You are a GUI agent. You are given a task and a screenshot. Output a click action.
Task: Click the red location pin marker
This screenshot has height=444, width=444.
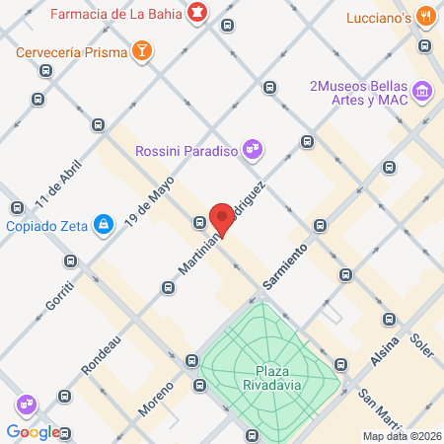222,218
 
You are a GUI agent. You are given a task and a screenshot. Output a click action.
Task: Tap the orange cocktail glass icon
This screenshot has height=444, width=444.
143,50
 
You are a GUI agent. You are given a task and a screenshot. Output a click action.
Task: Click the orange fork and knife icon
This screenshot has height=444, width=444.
426,16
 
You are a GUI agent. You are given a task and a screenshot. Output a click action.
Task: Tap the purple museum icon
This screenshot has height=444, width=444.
422,92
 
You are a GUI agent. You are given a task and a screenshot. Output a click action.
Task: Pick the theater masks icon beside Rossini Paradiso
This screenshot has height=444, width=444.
254,149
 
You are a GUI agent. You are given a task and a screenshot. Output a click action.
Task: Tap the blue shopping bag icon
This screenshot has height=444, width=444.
104,226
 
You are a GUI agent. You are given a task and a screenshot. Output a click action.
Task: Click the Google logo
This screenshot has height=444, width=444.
33,431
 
